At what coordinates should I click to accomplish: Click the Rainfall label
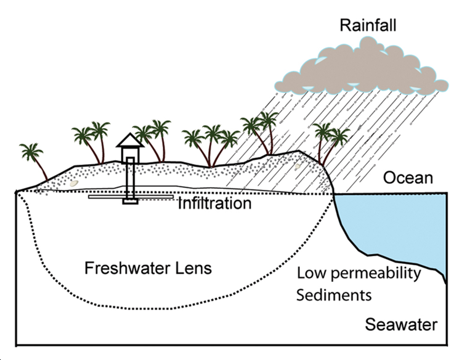coord(368,25)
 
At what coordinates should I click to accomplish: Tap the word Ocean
coord(408,178)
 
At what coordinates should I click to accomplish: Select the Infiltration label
coord(215,203)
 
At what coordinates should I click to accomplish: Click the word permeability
coord(376,274)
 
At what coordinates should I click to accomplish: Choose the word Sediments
coord(334,295)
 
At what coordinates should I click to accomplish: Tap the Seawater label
coord(401,325)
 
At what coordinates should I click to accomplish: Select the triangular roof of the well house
coord(130,140)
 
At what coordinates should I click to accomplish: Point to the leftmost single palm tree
coord(33,159)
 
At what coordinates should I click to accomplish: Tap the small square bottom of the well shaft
coord(130,201)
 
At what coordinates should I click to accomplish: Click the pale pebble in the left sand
coord(73,184)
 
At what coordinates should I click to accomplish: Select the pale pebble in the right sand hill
coord(298,166)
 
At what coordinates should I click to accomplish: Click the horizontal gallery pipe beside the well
coord(131,197)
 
